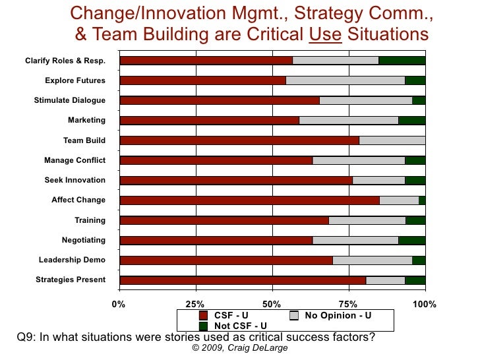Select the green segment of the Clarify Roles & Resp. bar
402,61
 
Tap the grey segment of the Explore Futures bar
345,80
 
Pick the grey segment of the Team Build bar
392,140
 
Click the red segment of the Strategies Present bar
243,280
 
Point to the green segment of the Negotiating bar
411,240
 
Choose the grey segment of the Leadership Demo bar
372,260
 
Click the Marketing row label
86,121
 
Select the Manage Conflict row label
75,160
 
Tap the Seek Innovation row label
75,180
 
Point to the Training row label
90,220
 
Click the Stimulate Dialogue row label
70,101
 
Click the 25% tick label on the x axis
195,304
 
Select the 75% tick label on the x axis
348,304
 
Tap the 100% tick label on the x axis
425,304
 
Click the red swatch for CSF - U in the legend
203,316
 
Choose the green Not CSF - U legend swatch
203,326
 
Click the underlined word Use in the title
325,34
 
